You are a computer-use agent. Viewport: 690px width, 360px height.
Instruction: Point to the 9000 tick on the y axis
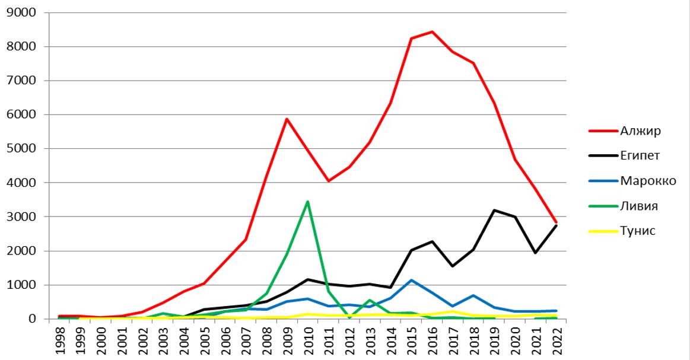(24, 12)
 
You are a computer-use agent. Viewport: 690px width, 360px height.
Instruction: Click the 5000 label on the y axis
(24, 149)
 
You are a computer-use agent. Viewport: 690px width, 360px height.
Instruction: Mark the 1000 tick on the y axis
(24, 285)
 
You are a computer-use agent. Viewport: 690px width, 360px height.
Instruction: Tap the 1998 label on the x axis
(61, 340)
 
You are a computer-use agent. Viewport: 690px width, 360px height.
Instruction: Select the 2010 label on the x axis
(307, 340)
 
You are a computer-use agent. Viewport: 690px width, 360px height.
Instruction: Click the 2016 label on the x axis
(431, 340)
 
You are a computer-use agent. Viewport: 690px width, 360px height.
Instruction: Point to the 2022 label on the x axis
(555, 340)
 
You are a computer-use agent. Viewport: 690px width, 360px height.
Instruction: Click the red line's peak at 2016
(432, 31)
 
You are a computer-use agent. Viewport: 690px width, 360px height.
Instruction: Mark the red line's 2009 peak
(287, 119)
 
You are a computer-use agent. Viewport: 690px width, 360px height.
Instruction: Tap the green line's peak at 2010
(307, 202)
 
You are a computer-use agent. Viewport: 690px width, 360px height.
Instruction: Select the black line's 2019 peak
(494, 210)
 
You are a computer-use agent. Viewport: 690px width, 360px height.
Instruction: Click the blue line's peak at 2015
(411, 280)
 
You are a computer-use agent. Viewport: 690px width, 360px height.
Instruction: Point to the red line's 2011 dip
(328, 181)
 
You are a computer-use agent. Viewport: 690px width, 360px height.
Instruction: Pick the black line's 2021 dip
(535, 253)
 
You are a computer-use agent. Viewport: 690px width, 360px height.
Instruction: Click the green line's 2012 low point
(349, 318)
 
